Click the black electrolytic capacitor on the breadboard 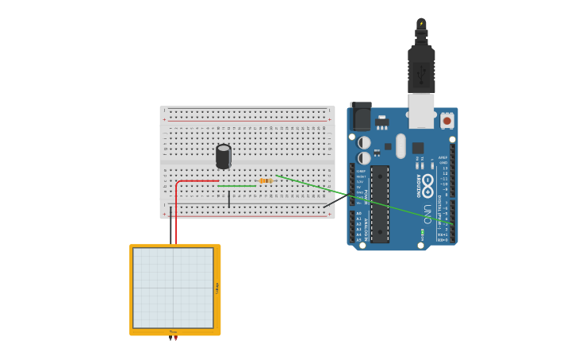(224, 156)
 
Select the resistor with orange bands (266, 181)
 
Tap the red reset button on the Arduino (447, 121)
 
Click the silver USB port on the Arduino (421, 111)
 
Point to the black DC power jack (361, 118)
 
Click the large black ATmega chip (380, 203)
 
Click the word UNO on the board (427, 214)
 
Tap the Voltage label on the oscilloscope (217, 288)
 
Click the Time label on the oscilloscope (173, 331)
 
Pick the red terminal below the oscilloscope (175, 339)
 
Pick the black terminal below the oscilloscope (170, 339)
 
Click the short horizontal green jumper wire (238, 186)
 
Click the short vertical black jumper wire (229, 199)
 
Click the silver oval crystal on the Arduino (401, 145)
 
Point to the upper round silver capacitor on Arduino (364, 143)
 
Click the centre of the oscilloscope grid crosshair (173, 288)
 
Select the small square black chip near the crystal (417, 148)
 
